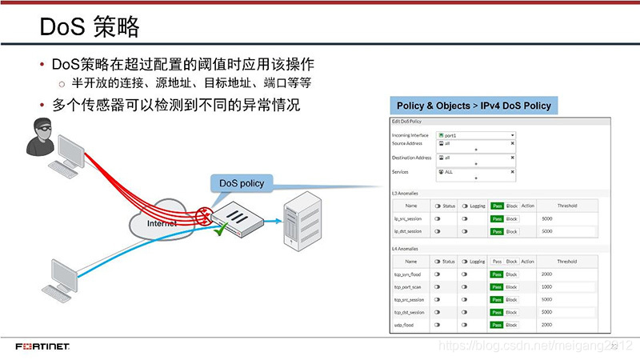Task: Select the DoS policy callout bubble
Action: [x=242, y=183]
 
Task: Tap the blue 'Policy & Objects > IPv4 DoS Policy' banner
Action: [x=474, y=106]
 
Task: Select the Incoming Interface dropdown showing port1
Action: [x=475, y=135]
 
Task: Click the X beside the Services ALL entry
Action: [x=512, y=171]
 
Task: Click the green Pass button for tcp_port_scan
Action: [x=497, y=286]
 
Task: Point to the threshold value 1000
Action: [x=546, y=286]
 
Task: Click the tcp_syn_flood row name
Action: [x=407, y=274]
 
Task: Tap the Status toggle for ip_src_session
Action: [x=438, y=218]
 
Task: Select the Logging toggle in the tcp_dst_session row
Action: [x=465, y=312]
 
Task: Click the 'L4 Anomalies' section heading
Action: [x=405, y=249]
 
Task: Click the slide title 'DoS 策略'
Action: [x=90, y=28]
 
